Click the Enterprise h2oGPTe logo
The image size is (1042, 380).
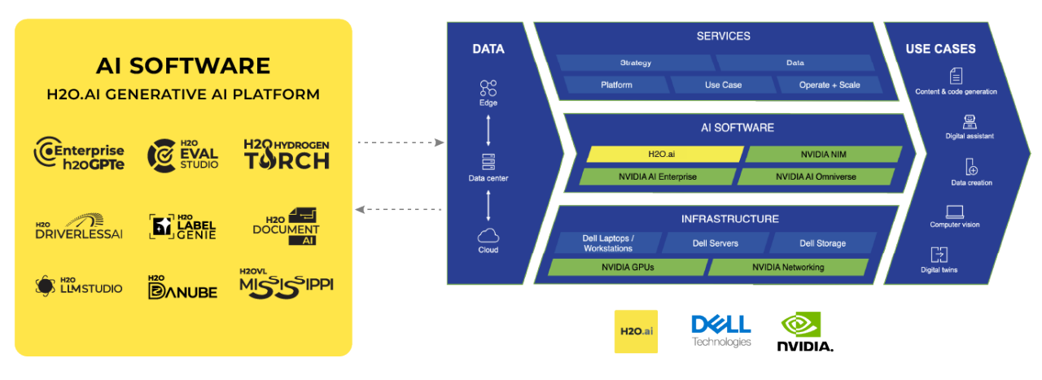point(79,154)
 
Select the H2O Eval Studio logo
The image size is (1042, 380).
point(183,154)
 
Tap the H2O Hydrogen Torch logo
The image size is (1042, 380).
point(287,154)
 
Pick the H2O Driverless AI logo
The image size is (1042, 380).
point(79,228)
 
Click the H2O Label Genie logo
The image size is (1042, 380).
point(183,227)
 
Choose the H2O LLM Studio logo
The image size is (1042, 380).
point(79,286)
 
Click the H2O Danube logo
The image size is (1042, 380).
point(183,286)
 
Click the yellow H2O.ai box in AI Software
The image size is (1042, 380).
point(660,154)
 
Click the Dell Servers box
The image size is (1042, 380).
point(715,243)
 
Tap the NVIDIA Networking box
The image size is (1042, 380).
point(787,267)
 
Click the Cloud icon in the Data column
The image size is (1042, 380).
point(488,236)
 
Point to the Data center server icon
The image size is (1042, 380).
point(488,162)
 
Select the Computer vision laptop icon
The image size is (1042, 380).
point(955,212)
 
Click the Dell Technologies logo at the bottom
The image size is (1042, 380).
point(720,330)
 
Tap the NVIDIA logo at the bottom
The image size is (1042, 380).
point(804,332)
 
